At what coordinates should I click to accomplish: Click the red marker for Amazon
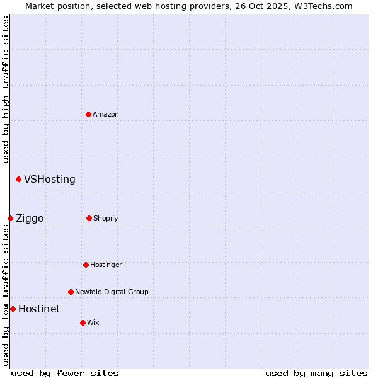coord(89,114)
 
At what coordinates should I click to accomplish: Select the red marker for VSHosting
coord(18,180)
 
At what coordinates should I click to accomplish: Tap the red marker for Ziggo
coord(10,218)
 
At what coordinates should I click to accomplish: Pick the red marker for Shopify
coord(89,218)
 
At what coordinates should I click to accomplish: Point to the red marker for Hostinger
coord(86,265)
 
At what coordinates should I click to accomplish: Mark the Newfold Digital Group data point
coord(71,292)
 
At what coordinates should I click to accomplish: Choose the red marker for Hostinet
coord(13,309)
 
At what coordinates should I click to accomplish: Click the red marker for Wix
coord(83,323)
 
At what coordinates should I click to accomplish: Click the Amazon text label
coord(106,114)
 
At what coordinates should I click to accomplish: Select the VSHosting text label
coord(50,180)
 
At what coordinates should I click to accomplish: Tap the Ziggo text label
coord(30,219)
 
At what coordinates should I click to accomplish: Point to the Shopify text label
coord(106,218)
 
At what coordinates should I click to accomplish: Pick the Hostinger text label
coord(106,265)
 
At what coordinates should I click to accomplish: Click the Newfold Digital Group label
coord(112,292)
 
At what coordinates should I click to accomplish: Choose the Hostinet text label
coord(39,309)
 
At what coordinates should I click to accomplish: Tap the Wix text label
coord(93,323)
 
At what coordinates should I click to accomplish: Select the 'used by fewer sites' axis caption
coord(65,373)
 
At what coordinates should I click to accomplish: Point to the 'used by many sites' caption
coord(316,373)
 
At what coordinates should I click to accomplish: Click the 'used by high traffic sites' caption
coord(6,89)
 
